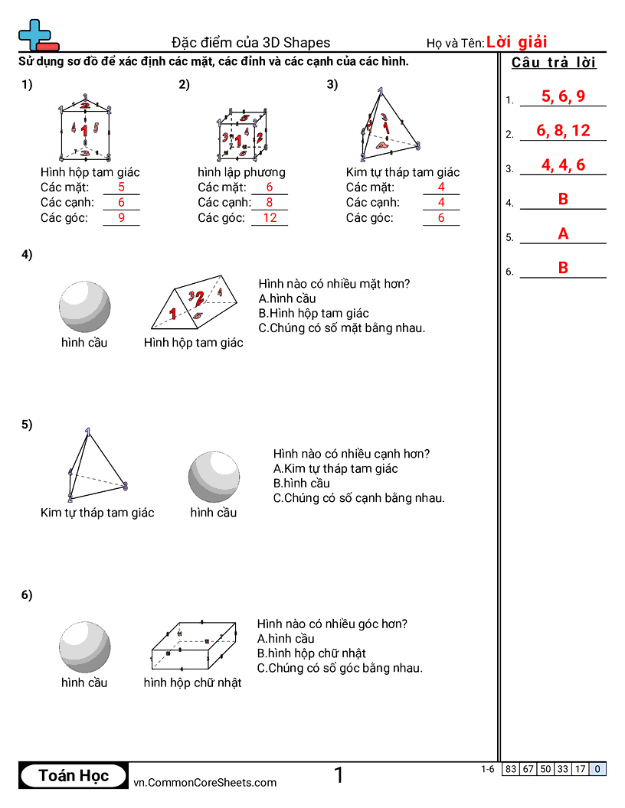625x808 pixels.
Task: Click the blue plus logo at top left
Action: pyautogui.click(x=34, y=34)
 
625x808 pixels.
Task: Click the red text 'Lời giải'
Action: pyautogui.click(x=516, y=42)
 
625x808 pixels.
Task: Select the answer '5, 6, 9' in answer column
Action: pyautogui.click(x=563, y=96)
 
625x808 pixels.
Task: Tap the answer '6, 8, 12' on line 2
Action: pyautogui.click(x=563, y=131)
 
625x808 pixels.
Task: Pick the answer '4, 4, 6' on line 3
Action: pyautogui.click(x=563, y=165)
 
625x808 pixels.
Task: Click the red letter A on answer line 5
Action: pyautogui.click(x=563, y=234)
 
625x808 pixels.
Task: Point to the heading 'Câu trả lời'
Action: pyautogui.click(x=554, y=63)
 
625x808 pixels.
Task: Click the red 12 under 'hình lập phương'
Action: pyautogui.click(x=270, y=218)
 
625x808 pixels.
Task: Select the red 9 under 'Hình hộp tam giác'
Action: pyautogui.click(x=121, y=218)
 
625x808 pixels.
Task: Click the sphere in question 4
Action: pyautogui.click(x=84, y=307)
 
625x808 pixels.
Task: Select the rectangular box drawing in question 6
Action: pyautogui.click(x=193, y=645)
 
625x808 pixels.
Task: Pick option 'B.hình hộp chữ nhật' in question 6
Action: pyautogui.click(x=311, y=653)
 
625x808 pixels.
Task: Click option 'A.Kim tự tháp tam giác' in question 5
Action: pyautogui.click(x=335, y=468)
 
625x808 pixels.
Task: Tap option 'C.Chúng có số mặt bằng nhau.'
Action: pyautogui.click(x=341, y=327)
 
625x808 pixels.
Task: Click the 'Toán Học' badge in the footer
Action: pyautogui.click(x=74, y=776)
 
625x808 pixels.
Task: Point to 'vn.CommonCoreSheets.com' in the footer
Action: pyautogui.click(x=205, y=782)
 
